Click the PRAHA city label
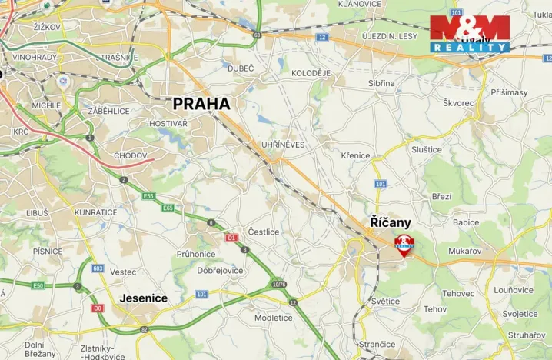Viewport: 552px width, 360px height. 201,103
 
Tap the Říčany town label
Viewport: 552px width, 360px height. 391,223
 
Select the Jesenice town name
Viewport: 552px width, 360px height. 144,298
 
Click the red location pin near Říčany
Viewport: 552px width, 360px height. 404,245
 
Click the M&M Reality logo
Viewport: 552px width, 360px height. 470,33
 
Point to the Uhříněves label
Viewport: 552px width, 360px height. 283,144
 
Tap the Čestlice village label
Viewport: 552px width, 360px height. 264,232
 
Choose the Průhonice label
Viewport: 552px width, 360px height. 196,254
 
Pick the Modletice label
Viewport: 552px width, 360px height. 274,318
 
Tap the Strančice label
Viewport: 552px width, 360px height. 377,343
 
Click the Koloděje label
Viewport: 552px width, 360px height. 311,73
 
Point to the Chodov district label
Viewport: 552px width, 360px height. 130,155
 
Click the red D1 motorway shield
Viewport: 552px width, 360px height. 231,237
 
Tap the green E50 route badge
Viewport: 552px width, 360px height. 38,285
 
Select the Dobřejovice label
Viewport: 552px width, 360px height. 220,271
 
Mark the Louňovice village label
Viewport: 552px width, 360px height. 514,291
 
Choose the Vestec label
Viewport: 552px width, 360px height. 123,272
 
